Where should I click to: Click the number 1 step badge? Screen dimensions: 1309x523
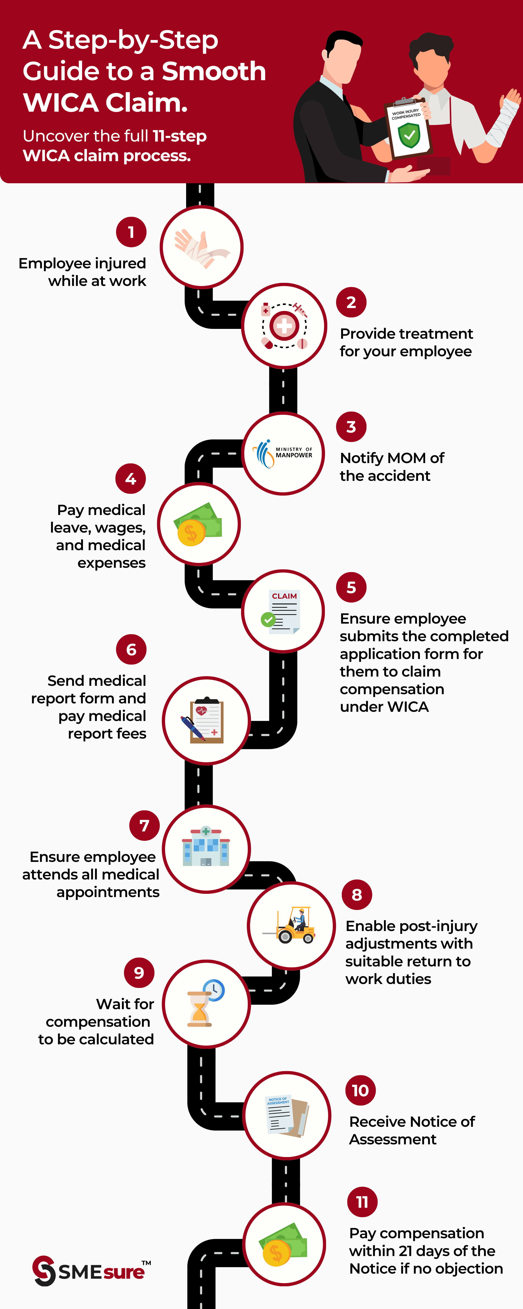131,232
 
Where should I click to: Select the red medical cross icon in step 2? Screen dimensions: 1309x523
284,326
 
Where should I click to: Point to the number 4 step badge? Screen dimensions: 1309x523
131,479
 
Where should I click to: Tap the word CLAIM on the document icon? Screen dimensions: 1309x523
284,596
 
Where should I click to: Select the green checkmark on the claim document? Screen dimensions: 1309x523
268,620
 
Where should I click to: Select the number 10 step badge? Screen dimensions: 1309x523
361,1091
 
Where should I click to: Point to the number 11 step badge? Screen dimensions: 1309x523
362,1202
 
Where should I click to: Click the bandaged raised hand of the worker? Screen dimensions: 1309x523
505,117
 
